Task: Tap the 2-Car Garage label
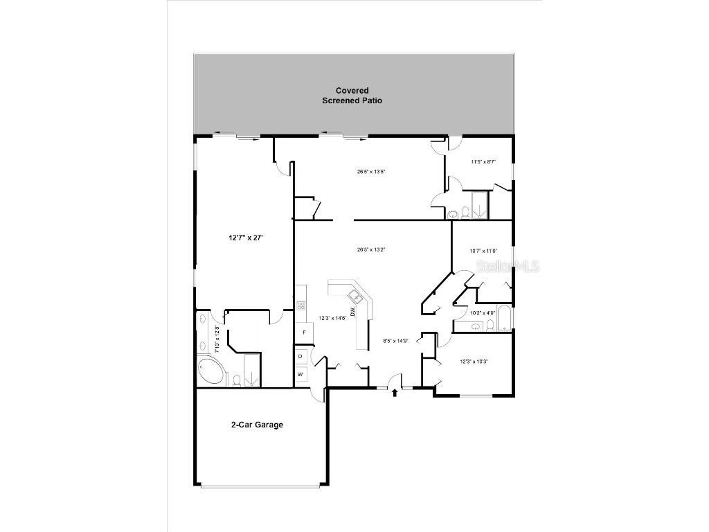pyautogui.click(x=257, y=425)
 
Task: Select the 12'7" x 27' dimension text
pyautogui.click(x=246, y=237)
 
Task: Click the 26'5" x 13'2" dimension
pyautogui.click(x=370, y=249)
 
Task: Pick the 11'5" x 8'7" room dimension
pyautogui.click(x=483, y=162)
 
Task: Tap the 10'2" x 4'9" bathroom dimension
pyautogui.click(x=482, y=312)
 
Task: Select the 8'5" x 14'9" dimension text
pyautogui.click(x=397, y=341)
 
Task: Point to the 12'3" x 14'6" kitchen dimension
pyautogui.click(x=332, y=318)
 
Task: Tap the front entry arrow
pyautogui.click(x=395, y=393)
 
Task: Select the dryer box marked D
pyautogui.click(x=300, y=356)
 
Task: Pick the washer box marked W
pyautogui.click(x=300, y=374)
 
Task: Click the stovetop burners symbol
pyautogui.click(x=301, y=305)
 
